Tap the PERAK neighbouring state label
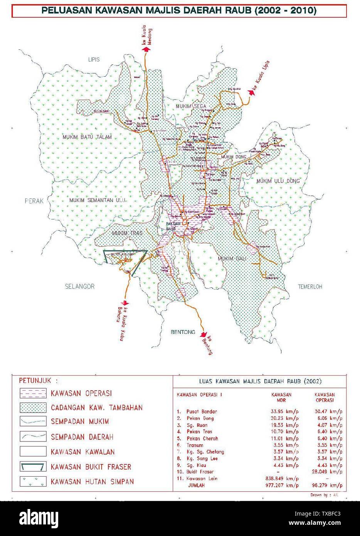pos(34,201)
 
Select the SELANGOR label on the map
pos(79,286)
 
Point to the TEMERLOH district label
pos(310,287)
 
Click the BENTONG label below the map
pos(183,332)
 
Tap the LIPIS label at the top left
pos(94,59)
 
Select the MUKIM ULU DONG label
pos(279,181)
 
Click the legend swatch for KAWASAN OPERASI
pos(33,393)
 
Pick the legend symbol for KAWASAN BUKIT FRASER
pos(33,467)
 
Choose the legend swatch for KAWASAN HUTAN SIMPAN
pos(33,482)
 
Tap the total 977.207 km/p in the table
pos(282,485)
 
